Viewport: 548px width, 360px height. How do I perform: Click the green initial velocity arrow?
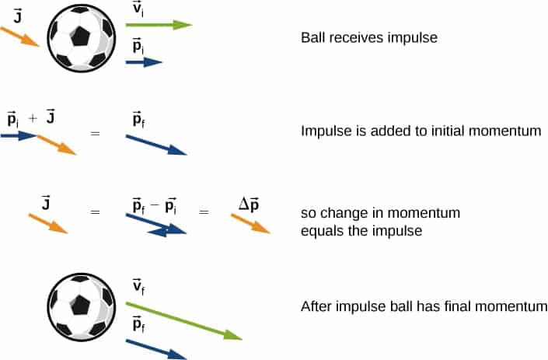click(159, 25)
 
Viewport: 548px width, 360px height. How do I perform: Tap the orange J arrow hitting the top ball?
click(19, 37)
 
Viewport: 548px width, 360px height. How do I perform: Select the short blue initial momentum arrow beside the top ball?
click(144, 62)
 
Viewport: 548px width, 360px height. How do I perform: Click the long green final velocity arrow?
click(183, 321)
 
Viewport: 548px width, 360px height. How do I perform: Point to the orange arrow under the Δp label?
click(250, 224)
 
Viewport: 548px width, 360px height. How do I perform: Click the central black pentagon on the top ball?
click(80, 37)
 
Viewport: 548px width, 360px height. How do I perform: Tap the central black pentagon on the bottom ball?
click(80, 305)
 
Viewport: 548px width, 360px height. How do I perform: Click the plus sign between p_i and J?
click(33, 119)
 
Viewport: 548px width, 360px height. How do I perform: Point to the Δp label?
click(249, 204)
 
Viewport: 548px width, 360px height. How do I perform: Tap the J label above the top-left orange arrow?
click(17, 16)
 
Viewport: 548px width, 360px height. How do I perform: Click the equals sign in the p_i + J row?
click(95, 134)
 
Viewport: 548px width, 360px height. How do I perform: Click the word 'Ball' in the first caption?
click(313, 37)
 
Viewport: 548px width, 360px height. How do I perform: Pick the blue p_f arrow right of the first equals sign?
click(156, 145)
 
